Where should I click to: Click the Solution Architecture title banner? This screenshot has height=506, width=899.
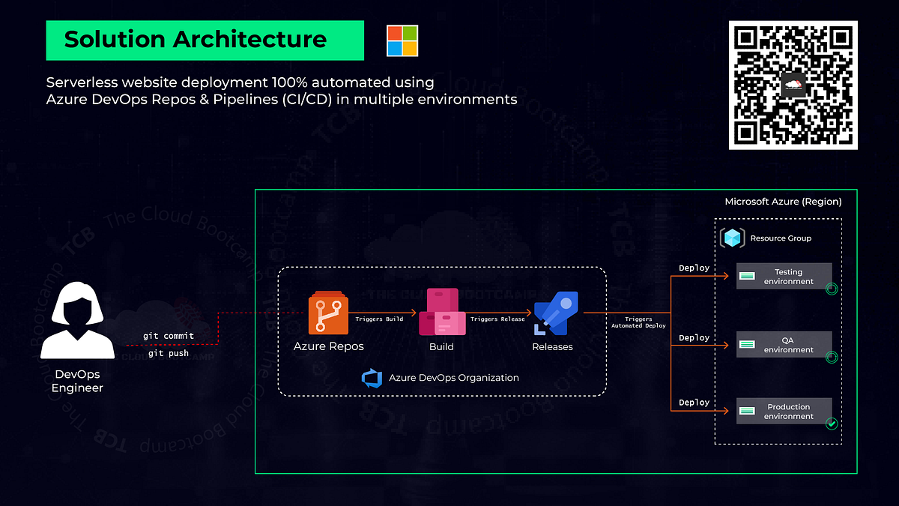coord(205,40)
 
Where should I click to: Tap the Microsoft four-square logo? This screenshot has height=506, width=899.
coord(402,40)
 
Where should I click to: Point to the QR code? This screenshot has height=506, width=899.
coord(793,85)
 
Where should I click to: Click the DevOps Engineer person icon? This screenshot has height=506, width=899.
coord(77,321)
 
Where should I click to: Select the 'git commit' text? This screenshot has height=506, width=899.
coord(169,336)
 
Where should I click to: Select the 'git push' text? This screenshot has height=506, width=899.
coord(169,352)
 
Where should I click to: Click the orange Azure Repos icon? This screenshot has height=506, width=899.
coord(329,313)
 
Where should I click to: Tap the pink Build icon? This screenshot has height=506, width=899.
coord(441,313)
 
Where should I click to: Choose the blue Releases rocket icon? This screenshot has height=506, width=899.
coord(553,314)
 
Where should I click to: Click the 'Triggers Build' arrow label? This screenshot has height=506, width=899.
coord(379,319)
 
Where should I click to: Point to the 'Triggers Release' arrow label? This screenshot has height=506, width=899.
coord(497,319)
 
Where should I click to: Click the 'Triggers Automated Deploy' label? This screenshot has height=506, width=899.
coord(638,322)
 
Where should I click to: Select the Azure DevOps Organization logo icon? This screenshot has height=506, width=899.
coord(372,378)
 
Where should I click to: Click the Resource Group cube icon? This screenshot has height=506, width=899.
coord(732,238)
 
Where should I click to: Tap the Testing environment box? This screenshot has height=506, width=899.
coord(784,277)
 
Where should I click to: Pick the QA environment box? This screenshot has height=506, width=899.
coord(784,345)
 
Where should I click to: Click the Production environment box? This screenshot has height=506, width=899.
coord(784,412)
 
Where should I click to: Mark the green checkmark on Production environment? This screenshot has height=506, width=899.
coord(831,424)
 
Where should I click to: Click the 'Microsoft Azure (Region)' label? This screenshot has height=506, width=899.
coord(783,202)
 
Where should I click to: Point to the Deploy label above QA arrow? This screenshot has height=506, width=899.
coord(694,338)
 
